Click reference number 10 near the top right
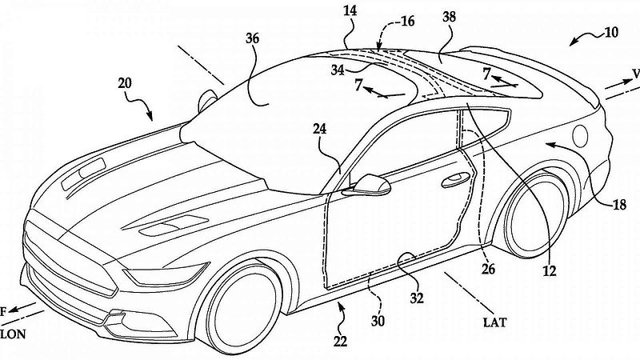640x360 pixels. click(611, 32)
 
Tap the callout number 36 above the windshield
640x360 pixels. click(253, 38)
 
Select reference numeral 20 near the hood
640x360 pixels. click(125, 83)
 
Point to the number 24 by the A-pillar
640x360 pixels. click(319, 129)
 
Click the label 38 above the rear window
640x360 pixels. click(449, 17)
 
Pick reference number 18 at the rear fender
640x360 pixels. click(619, 205)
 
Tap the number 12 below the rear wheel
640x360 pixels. click(550, 270)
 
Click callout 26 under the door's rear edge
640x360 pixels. click(488, 269)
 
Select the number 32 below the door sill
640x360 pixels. click(417, 298)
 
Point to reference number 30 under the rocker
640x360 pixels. click(378, 322)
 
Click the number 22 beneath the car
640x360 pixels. click(340, 341)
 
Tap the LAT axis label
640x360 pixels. click(494, 323)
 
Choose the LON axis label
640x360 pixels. click(13, 334)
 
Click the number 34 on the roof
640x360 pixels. click(338, 70)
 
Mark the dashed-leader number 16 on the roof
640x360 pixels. click(407, 21)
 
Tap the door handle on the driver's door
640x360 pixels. click(456, 179)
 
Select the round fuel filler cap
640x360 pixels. click(580, 136)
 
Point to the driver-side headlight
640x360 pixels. click(166, 275)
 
